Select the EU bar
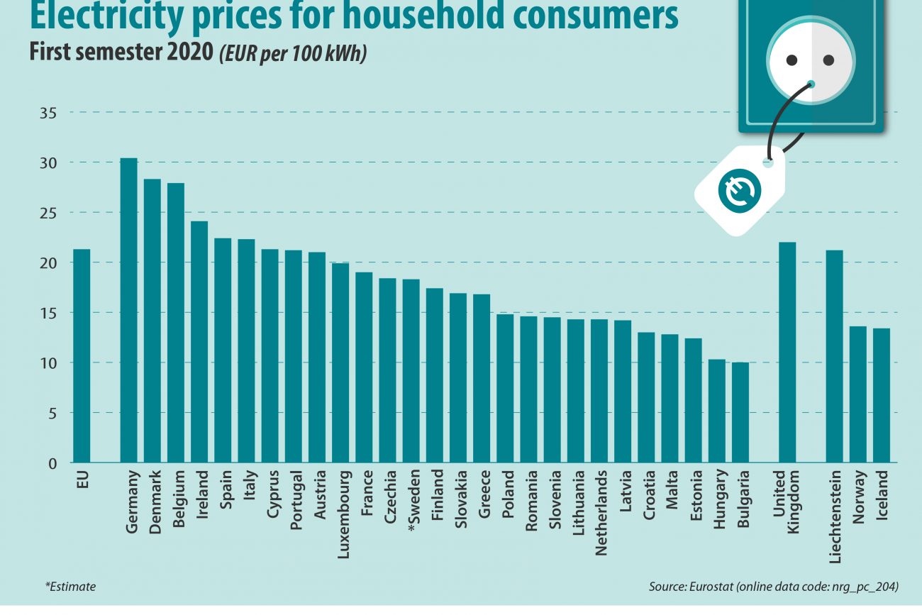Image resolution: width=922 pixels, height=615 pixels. click(82, 355)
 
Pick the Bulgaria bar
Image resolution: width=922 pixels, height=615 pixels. click(740, 412)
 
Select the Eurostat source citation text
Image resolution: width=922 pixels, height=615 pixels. click(774, 587)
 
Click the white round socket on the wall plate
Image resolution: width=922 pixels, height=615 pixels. click(811, 62)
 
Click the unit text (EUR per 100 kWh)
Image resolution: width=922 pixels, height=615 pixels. click(292, 54)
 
